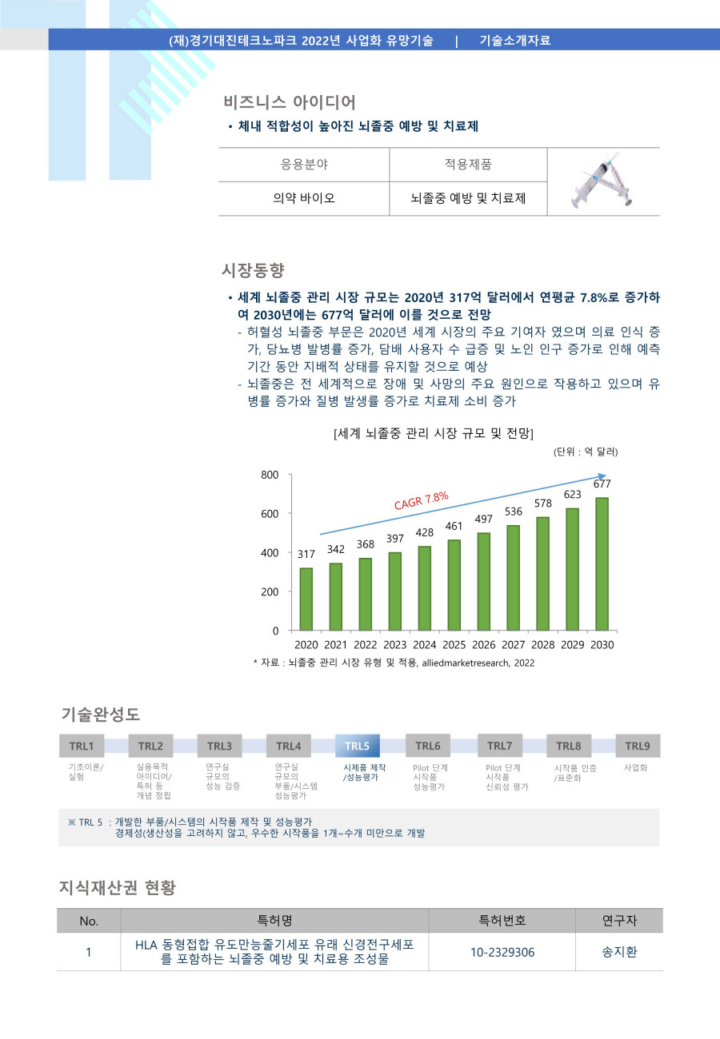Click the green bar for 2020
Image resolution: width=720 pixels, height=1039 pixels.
coord(306,599)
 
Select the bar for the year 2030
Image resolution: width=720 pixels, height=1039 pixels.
coord(602,563)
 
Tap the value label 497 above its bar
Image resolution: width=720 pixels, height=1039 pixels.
coord(484,519)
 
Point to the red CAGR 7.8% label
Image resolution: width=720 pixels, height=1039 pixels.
coord(422,501)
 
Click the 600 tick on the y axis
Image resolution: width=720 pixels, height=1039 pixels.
coord(270,513)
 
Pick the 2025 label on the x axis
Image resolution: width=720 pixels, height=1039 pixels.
coord(454,645)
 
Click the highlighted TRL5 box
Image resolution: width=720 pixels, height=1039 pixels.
coord(357,746)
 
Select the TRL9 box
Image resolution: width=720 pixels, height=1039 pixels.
coord(637,746)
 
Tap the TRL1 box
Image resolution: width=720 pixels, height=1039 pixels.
coord(81,746)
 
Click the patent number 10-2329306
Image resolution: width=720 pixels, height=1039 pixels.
coord(502,952)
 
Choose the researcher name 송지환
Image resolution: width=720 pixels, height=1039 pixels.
coord(619,952)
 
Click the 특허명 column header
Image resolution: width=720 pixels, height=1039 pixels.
coord(274,921)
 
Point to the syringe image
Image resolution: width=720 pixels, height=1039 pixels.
coord(603,182)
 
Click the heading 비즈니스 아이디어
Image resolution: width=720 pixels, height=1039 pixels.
coord(289,102)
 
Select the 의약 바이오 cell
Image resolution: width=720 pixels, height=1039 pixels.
coord(304,198)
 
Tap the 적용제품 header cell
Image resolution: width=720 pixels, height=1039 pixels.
coord(468,165)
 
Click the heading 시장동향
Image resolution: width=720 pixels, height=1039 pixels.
coord(253,269)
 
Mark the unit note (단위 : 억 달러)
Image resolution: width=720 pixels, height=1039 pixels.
coord(586,452)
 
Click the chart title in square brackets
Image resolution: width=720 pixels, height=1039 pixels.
coord(433,433)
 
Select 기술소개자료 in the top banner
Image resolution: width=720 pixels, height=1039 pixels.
coord(514,40)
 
